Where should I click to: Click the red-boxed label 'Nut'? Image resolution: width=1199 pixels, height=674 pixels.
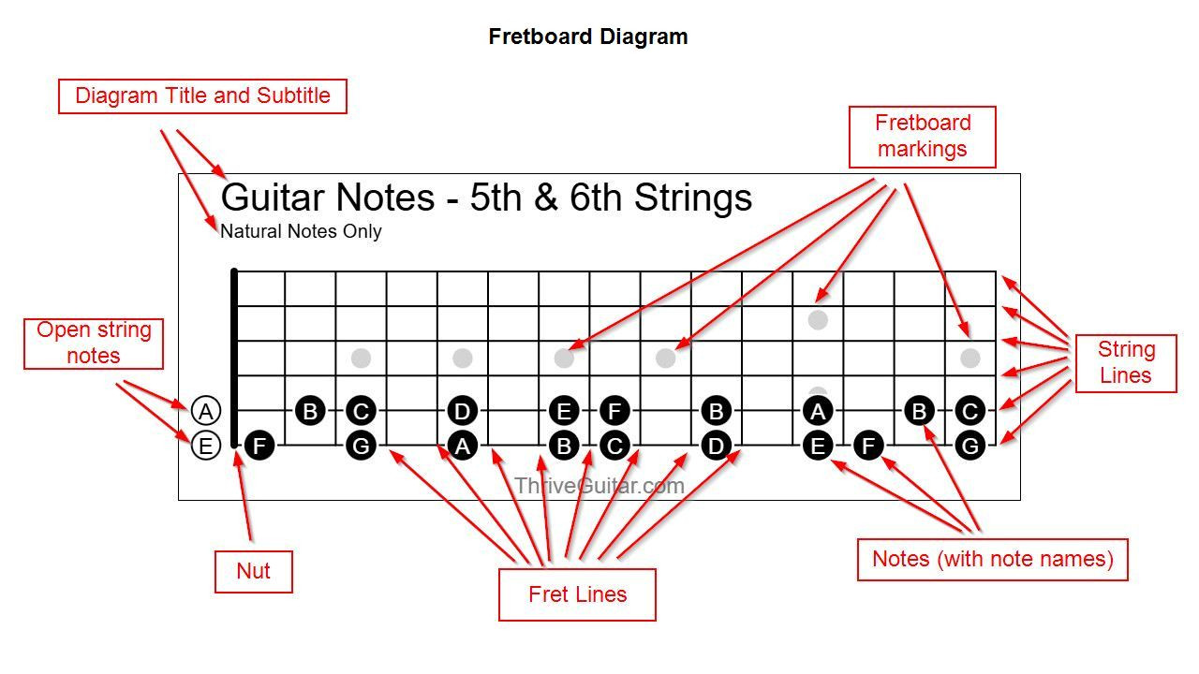(x=254, y=571)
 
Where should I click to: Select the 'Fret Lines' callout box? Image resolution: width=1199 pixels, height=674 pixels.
(x=577, y=594)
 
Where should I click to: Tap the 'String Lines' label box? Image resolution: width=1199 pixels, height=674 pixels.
(x=1126, y=363)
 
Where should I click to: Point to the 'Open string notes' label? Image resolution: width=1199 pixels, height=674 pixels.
(x=94, y=344)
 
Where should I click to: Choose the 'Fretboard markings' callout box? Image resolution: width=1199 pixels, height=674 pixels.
(x=923, y=137)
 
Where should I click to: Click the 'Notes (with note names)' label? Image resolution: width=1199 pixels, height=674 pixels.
(x=993, y=560)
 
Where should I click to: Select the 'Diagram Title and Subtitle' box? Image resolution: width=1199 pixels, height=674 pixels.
(x=202, y=96)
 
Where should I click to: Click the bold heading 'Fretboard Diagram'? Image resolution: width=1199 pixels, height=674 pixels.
(x=588, y=37)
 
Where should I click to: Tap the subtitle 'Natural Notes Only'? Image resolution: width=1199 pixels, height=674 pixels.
(x=301, y=231)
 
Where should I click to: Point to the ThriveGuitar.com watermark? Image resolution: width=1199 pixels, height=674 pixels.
(x=599, y=486)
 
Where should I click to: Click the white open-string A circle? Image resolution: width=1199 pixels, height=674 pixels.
(x=205, y=411)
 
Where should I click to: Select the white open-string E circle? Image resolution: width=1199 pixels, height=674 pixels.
(x=205, y=446)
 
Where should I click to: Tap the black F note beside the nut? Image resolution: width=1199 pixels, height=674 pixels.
(x=259, y=446)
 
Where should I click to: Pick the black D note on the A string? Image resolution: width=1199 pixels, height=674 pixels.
(x=463, y=411)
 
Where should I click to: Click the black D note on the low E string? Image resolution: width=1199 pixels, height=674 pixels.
(x=717, y=446)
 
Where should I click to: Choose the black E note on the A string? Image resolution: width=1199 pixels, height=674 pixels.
(x=564, y=411)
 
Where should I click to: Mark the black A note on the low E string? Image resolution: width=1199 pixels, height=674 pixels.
(x=463, y=446)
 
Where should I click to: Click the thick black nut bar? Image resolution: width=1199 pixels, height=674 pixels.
(x=234, y=358)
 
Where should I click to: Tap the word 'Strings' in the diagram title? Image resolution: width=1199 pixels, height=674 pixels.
(x=693, y=198)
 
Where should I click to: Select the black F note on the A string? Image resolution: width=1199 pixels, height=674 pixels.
(x=614, y=411)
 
